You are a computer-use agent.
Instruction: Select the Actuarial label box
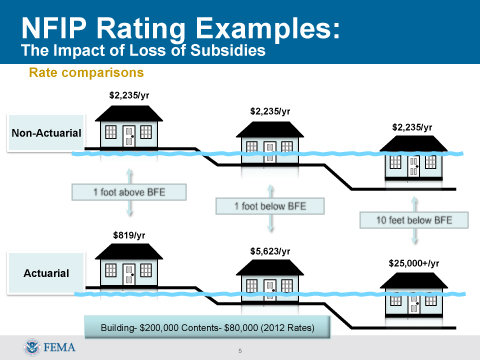tap(47, 271)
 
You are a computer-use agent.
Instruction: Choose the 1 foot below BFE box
tap(270, 205)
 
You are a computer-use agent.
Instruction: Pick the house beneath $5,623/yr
tap(270, 285)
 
